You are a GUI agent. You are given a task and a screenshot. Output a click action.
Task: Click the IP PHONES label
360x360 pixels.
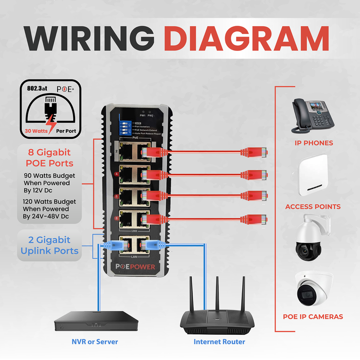[x=313, y=143]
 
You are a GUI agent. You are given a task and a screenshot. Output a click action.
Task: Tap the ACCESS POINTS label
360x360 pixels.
[x=313, y=207]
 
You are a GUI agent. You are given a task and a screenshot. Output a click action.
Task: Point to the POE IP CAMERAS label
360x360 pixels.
[x=313, y=317]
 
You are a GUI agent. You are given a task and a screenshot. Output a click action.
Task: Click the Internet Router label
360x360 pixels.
[x=219, y=341]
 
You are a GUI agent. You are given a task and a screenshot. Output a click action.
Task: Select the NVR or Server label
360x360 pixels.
[x=95, y=341]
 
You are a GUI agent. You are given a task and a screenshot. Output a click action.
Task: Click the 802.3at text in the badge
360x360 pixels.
[x=38, y=88]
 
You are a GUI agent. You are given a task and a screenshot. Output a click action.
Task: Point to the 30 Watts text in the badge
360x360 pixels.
[x=37, y=131]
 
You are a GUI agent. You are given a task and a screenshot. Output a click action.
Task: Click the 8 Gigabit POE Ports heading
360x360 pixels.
[x=49, y=158]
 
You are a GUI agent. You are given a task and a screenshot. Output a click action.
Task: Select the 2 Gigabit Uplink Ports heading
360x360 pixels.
[x=49, y=245]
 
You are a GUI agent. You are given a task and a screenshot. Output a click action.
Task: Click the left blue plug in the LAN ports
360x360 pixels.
[x=112, y=245]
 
